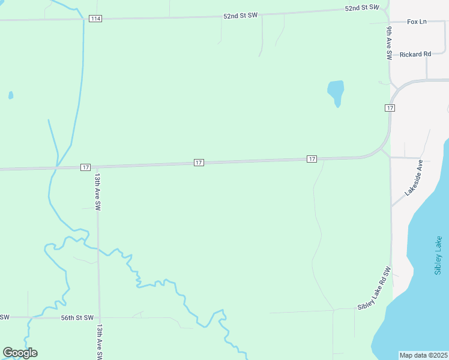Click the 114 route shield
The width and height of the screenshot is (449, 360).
click(x=95, y=19)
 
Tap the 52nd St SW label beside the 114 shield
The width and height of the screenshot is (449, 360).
click(x=240, y=16)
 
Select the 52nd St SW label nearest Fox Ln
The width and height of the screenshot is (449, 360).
click(x=363, y=8)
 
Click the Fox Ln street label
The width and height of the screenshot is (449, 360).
click(x=417, y=22)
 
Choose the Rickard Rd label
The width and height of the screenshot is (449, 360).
click(x=415, y=54)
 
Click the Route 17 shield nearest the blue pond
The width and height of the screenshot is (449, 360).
click(x=390, y=107)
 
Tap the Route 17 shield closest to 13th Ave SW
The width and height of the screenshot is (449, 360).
click(x=86, y=167)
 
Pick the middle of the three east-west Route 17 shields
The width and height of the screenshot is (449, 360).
click(x=199, y=163)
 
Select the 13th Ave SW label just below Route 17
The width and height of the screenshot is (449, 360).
click(x=97, y=192)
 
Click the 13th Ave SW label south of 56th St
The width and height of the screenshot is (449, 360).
click(x=100, y=343)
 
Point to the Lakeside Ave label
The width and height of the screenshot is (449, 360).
click(x=414, y=178)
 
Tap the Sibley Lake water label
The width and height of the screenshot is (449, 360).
click(x=438, y=256)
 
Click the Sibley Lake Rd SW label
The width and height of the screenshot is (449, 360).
click(x=375, y=288)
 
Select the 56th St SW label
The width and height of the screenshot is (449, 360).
click(x=77, y=317)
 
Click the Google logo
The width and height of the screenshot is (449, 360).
click(x=20, y=353)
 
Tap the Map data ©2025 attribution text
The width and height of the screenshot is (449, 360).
click(x=424, y=355)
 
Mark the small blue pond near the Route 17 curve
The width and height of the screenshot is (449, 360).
click(x=336, y=92)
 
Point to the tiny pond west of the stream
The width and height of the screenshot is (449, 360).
click(x=11, y=95)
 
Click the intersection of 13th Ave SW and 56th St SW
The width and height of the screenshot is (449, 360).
click(x=100, y=317)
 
